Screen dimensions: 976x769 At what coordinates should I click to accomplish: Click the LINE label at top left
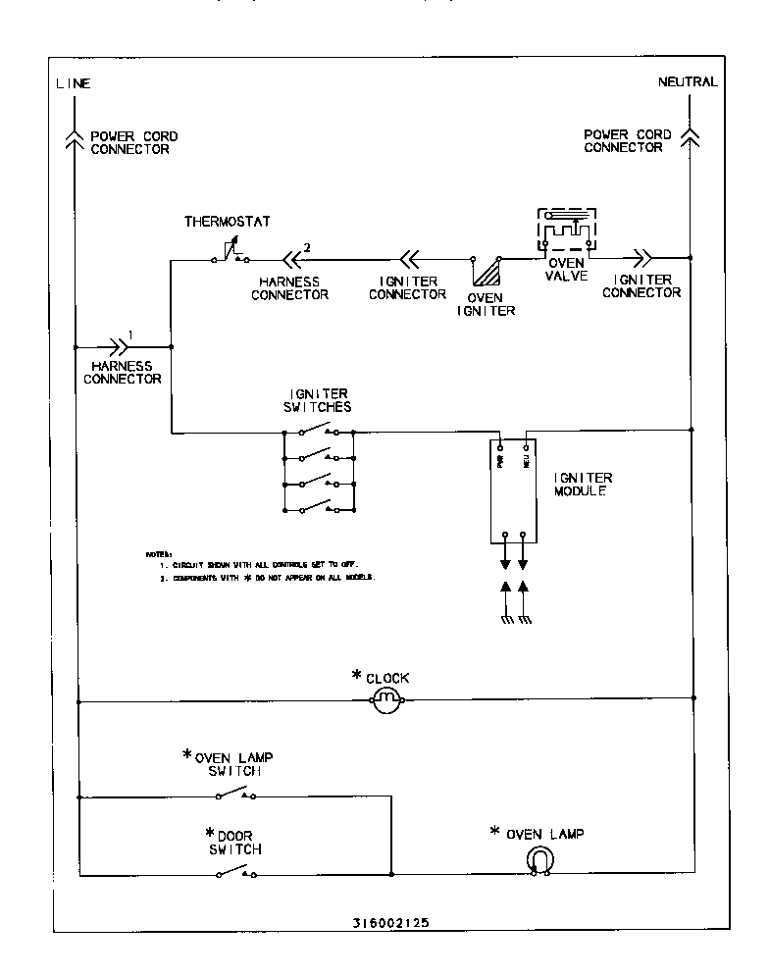[x=74, y=83]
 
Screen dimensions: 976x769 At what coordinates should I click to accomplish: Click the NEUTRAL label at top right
[x=688, y=82]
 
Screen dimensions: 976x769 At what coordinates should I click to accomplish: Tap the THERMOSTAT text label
[x=227, y=222]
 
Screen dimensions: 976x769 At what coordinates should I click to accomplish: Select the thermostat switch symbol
[x=231, y=256]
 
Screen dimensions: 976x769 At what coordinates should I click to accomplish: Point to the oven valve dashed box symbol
[x=566, y=232]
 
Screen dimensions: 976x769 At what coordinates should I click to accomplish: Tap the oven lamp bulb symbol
[x=538, y=859]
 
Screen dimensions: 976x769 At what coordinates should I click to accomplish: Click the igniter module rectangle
[x=513, y=490]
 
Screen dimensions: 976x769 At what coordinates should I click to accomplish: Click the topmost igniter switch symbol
[x=319, y=430]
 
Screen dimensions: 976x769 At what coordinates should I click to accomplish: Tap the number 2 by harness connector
[x=307, y=246]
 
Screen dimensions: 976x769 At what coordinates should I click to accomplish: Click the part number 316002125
[x=389, y=922]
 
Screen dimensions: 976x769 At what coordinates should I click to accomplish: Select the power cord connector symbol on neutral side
[x=691, y=138]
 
